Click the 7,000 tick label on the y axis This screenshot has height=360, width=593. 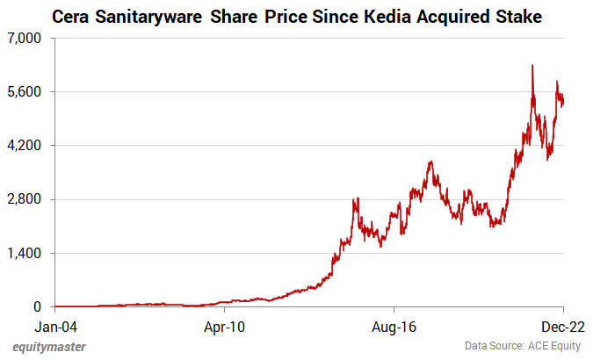pos(26,39)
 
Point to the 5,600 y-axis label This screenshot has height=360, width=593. pos(26,92)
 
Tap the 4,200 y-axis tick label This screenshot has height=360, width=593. pos(26,146)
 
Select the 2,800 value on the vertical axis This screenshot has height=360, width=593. pos(26,199)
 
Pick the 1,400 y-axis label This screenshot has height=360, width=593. pos(26,253)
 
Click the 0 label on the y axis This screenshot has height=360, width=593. pos(38,306)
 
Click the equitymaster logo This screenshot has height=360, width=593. pos(49,346)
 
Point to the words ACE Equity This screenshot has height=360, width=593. pos(554,347)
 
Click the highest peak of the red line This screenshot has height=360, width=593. pos(532,65)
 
